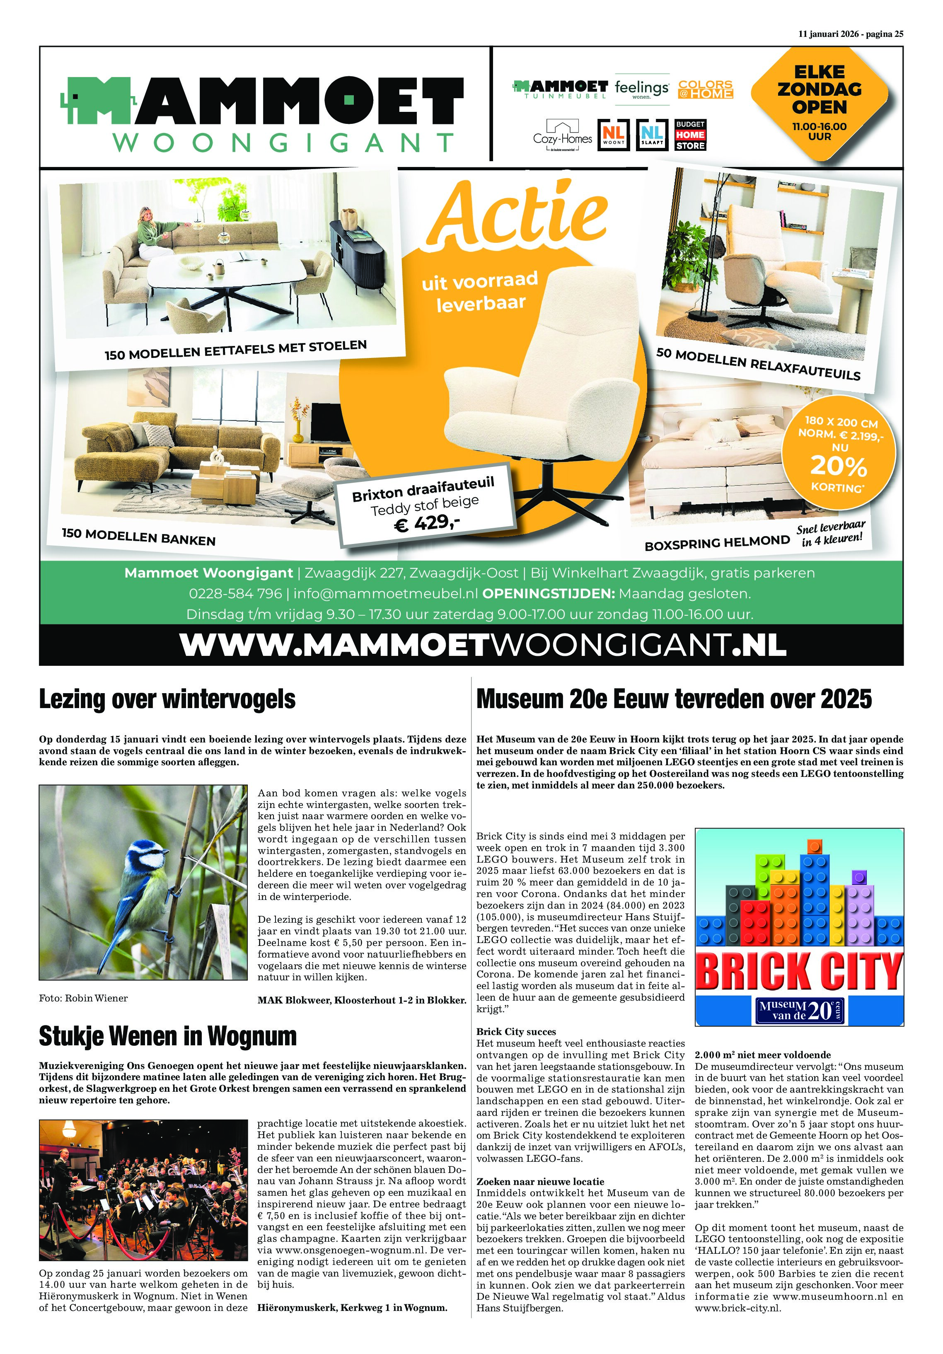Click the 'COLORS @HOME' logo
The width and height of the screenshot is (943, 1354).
(x=705, y=89)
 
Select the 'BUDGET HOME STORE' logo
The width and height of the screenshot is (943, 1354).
(x=690, y=135)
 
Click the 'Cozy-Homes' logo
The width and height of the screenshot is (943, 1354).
(x=562, y=135)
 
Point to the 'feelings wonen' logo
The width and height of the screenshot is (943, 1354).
(x=642, y=89)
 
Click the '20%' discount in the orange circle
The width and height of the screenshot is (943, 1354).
(x=838, y=467)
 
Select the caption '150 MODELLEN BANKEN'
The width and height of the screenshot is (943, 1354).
(x=138, y=536)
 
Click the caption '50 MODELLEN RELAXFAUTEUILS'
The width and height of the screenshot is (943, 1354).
(x=758, y=364)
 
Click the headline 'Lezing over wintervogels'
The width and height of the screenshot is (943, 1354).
(x=167, y=699)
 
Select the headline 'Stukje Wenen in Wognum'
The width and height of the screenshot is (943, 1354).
(x=167, y=1036)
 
